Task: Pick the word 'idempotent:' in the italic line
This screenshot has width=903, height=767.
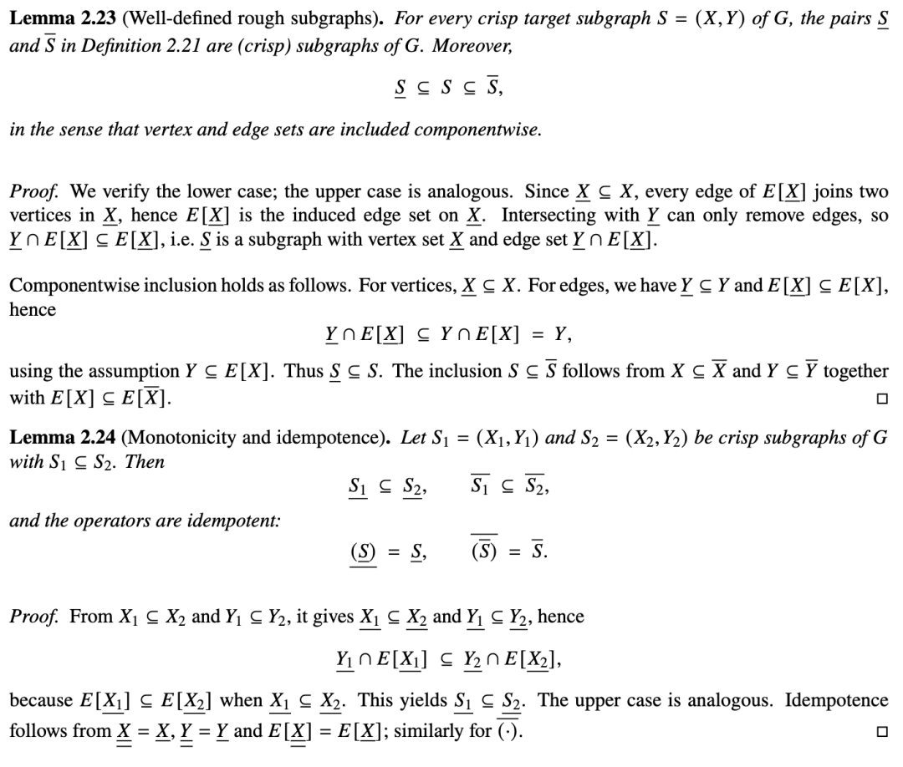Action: [242, 520]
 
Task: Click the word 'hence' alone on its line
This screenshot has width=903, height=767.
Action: [32, 309]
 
